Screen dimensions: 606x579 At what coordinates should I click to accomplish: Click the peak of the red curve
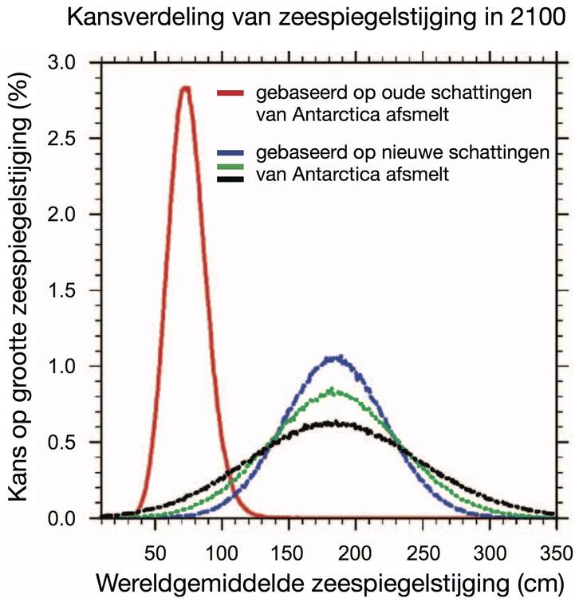click(x=185, y=88)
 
